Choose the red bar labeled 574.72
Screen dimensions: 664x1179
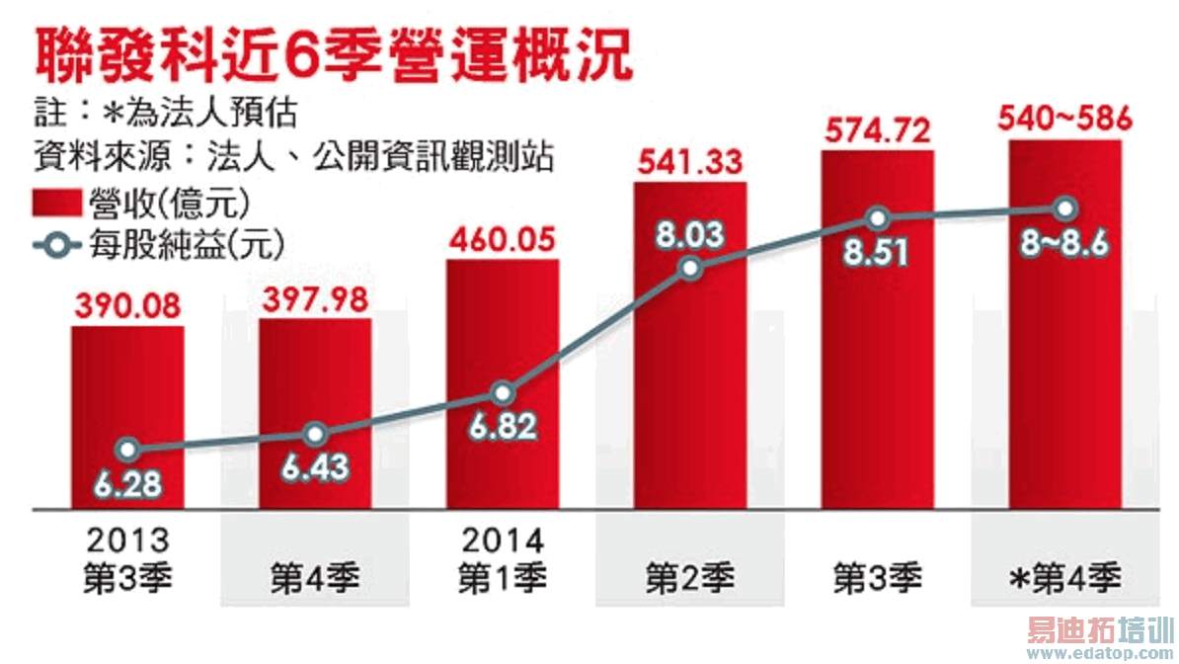[x=877, y=375]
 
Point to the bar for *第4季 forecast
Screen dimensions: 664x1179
[x=1064, y=375]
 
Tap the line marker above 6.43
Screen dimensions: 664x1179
[x=315, y=435]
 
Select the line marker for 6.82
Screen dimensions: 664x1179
[x=503, y=393]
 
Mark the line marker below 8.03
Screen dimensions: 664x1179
[x=690, y=268]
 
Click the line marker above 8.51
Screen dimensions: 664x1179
[x=877, y=218]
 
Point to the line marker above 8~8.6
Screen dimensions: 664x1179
[x=1064, y=208]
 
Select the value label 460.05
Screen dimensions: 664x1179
[x=503, y=240]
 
